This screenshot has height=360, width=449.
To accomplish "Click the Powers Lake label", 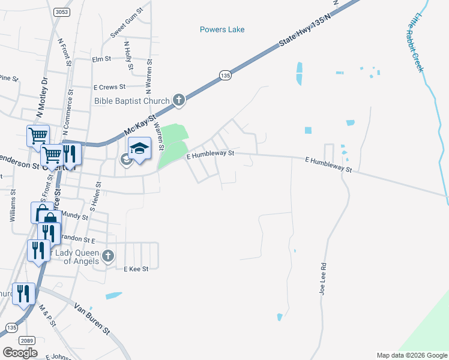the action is pos(222,29).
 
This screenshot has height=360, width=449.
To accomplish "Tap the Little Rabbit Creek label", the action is pos(415,43).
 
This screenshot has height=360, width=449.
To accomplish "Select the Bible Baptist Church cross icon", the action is pos(178,100).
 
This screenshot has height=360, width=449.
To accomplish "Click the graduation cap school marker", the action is pos(139,149).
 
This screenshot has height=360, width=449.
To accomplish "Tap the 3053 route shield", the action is pos(60,12).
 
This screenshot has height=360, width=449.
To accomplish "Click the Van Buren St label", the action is pos(92,319).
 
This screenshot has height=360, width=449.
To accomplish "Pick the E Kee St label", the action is pos(136,269).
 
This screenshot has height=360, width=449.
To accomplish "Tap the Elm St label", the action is pos(101,59).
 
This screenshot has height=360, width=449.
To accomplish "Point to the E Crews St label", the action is pos(109,87).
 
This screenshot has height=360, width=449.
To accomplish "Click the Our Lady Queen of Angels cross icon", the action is pos(108,256).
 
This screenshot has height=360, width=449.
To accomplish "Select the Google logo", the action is pos(20,353).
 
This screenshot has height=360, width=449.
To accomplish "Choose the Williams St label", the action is pos(13,207).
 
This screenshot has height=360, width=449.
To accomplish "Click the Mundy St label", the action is pos(76,215).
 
